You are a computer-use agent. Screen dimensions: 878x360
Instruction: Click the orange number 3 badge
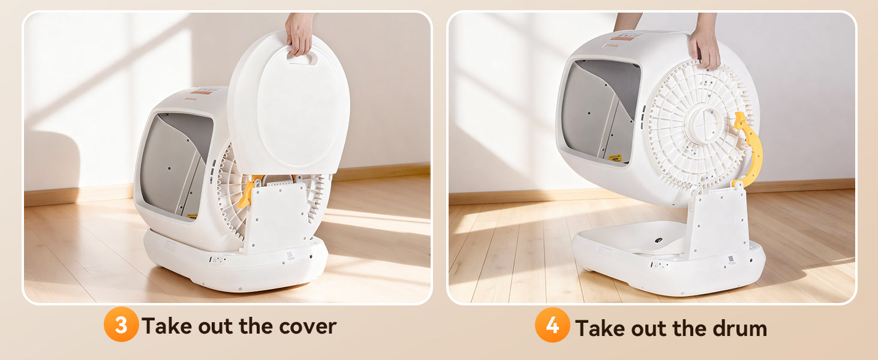tap(121, 325)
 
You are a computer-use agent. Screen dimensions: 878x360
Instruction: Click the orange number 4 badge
tap(552, 325)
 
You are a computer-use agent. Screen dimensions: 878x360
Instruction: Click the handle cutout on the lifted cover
tap(302, 59)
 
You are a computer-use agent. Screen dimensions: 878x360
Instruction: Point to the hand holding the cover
tap(299, 33)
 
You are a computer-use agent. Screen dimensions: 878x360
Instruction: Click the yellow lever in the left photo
tap(248, 192)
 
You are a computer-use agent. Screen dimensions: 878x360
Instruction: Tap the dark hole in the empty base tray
tap(658, 240)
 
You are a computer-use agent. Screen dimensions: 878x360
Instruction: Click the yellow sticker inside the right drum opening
tap(615, 158)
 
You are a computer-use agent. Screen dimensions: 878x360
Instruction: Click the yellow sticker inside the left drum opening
tap(192, 215)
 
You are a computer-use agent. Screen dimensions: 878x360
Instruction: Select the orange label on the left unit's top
tap(202, 92)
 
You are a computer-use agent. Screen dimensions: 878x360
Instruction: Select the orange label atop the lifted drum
tap(622, 38)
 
